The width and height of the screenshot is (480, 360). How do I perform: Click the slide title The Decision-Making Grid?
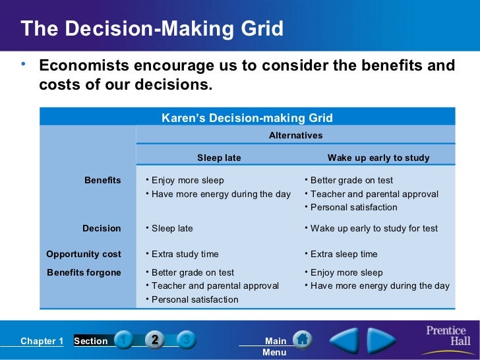(x=152, y=29)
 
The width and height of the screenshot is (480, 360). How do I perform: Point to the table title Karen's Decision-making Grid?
(x=247, y=118)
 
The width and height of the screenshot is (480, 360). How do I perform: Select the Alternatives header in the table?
(x=295, y=135)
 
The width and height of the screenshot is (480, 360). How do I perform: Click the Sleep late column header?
(x=219, y=158)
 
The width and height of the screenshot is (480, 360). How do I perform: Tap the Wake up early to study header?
(x=378, y=158)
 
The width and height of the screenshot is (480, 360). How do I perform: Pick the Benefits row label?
(x=102, y=180)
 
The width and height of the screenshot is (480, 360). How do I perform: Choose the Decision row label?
(x=102, y=228)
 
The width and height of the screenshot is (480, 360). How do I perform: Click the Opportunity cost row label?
(x=84, y=254)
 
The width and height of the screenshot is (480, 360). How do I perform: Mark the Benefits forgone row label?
(x=84, y=272)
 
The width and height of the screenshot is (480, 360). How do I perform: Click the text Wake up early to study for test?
(x=374, y=228)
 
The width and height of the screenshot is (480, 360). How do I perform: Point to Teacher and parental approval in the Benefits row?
(x=374, y=194)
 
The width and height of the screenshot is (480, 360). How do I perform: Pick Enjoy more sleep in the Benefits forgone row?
(x=346, y=272)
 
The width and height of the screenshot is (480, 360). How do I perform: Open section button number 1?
(x=123, y=340)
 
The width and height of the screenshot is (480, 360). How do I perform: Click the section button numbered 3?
(x=187, y=340)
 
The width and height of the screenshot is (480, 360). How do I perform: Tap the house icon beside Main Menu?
(x=302, y=340)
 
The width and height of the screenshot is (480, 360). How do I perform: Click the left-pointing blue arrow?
(x=344, y=340)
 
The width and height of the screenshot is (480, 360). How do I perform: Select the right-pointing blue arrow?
(x=381, y=340)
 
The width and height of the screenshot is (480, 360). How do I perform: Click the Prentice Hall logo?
(x=446, y=336)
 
